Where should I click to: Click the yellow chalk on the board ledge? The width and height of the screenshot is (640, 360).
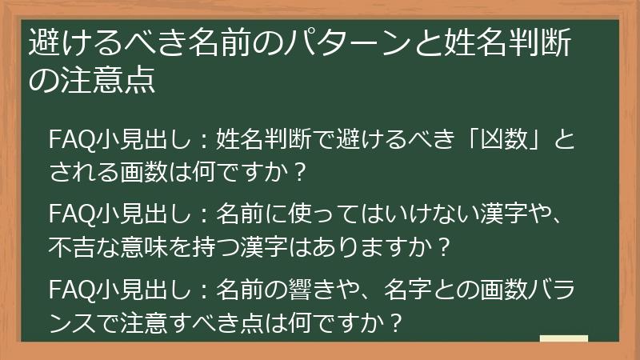(563, 338)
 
